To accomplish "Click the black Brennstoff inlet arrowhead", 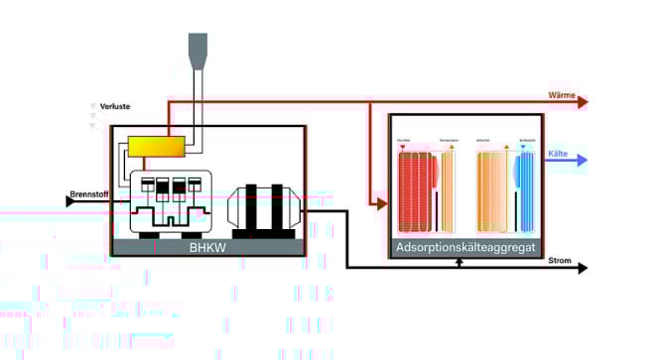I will (70, 200).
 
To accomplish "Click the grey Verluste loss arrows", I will (94, 115).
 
